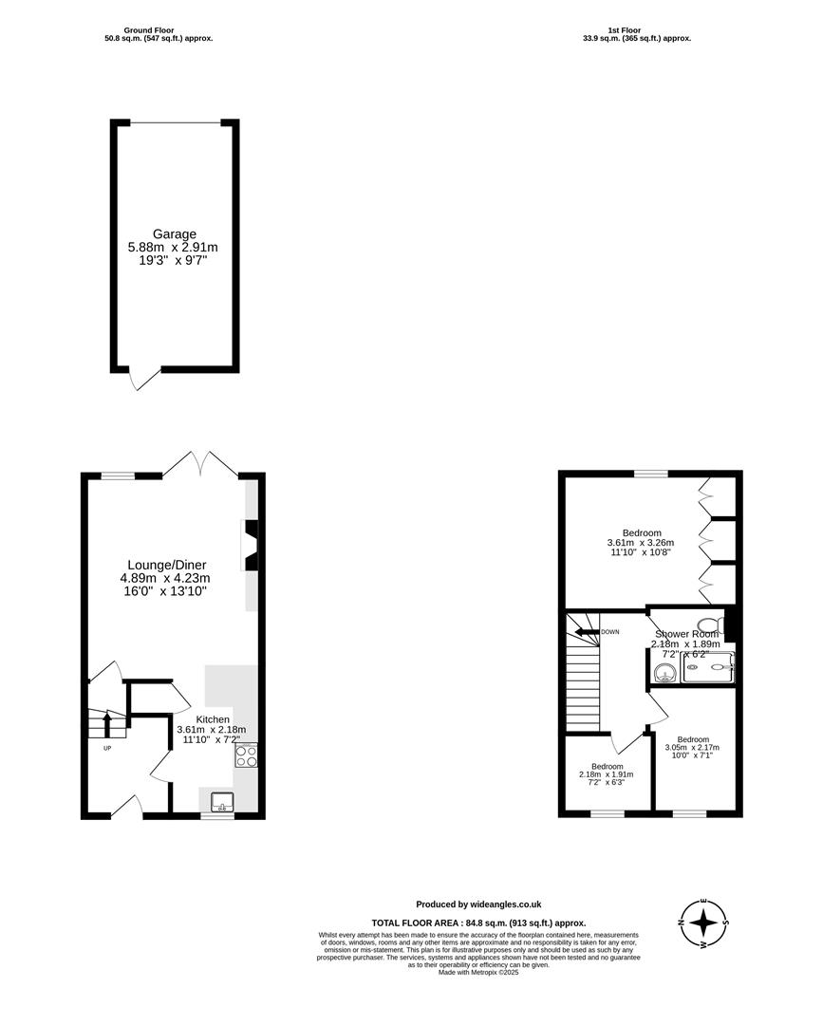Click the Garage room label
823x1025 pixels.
(x=175, y=233)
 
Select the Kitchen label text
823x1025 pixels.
(x=213, y=719)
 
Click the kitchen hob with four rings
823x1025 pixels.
(x=246, y=755)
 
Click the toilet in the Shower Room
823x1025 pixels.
(x=723, y=624)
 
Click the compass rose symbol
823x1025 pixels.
(x=703, y=922)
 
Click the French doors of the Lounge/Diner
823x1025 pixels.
(x=200, y=465)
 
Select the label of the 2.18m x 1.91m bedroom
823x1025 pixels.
(x=607, y=766)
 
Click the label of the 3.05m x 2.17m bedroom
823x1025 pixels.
(x=693, y=739)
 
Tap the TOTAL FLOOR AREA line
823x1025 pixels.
(x=478, y=922)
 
